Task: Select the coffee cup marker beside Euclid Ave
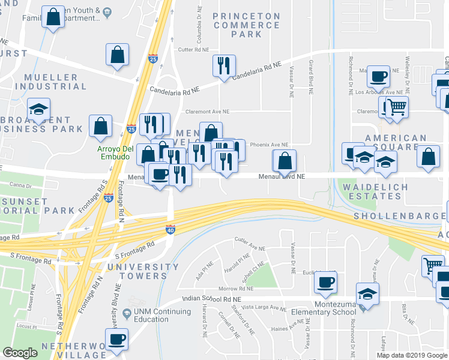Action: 325,282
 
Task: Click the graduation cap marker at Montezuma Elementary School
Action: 367,294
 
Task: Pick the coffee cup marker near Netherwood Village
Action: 116,340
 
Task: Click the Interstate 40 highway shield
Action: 170,229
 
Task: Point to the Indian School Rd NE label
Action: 211,299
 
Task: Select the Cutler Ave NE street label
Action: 249,247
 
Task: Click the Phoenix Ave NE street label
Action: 269,145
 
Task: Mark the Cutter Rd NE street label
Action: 193,50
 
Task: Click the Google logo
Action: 20,353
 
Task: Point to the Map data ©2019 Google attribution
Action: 411,355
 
